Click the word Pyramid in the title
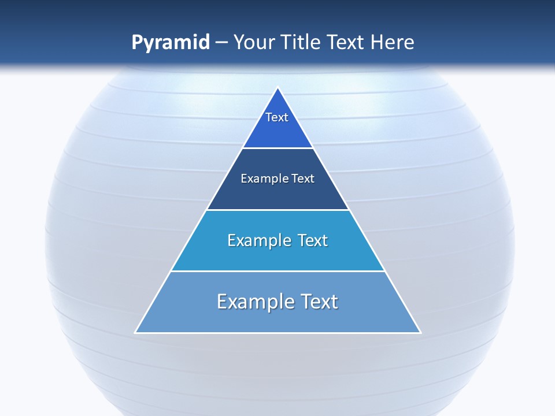coord(171,43)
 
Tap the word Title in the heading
coord(301,42)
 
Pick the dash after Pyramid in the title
coord(221,43)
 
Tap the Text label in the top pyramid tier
coord(277,117)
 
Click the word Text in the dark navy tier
coord(303,179)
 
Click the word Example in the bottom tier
coord(254,302)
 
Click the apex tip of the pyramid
coord(278,88)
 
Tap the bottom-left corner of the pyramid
coord(136,332)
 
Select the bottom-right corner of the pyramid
coord(420,332)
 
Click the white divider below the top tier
coord(278,148)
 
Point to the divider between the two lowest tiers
coord(278,271)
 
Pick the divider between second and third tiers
coord(278,210)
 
